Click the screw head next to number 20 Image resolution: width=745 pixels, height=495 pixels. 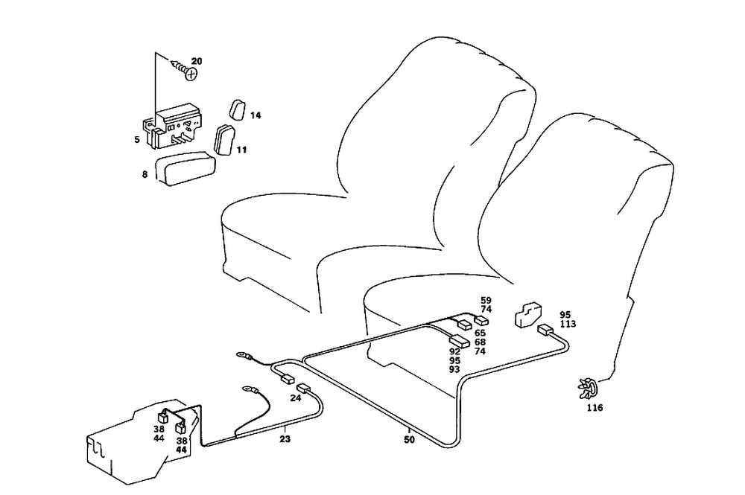point(191,74)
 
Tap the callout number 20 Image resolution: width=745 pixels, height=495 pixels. point(197,61)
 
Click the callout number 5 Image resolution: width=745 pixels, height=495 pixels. point(137,139)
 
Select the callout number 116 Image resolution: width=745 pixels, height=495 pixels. point(594,408)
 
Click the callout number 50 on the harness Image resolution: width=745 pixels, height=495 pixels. point(409,439)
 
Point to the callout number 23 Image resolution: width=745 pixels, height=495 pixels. point(285,439)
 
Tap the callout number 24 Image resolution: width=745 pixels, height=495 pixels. point(295,398)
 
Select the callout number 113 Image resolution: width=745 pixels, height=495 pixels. point(568,324)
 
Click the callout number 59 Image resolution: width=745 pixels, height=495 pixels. point(486,300)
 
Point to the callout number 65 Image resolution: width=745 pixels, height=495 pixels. point(480,333)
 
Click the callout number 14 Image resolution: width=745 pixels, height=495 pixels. point(256,115)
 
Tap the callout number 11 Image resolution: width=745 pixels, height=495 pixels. point(241,150)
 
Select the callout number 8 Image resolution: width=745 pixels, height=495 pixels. point(145,174)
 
